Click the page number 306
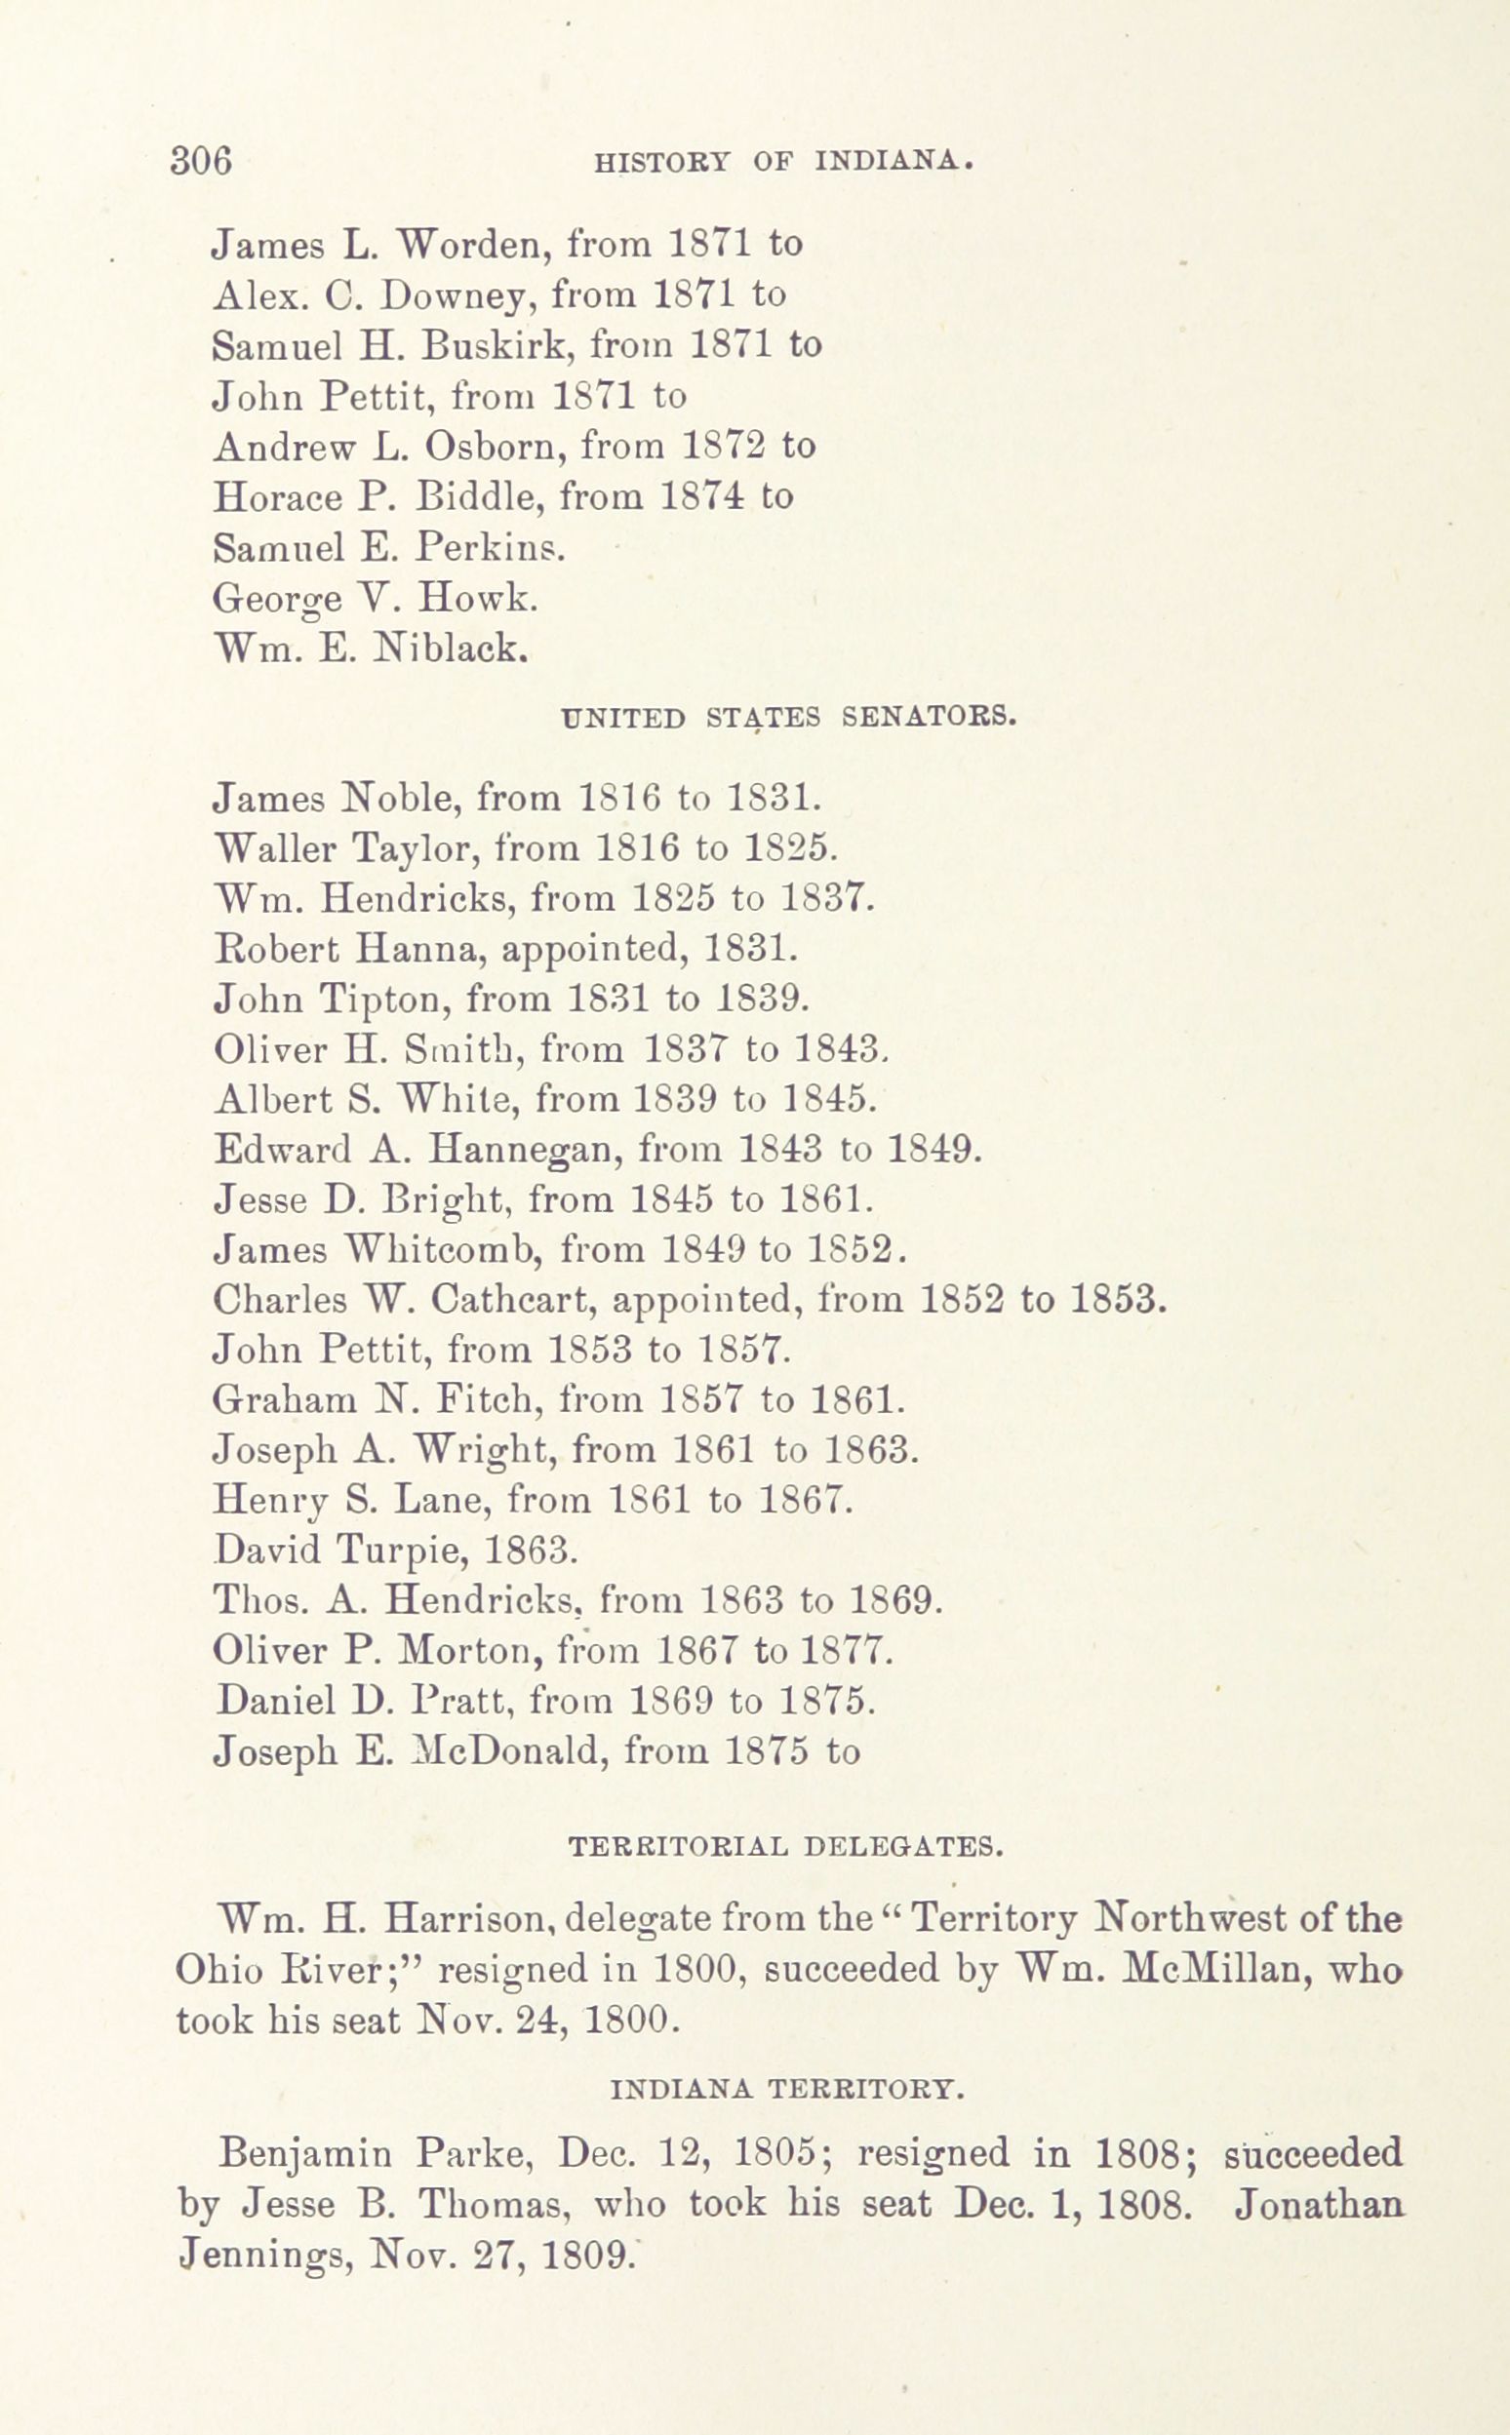tap(201, 161)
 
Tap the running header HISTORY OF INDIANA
tap(784, 161)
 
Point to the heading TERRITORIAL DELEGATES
tap(785, 1846)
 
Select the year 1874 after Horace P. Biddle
tap(702, 496)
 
